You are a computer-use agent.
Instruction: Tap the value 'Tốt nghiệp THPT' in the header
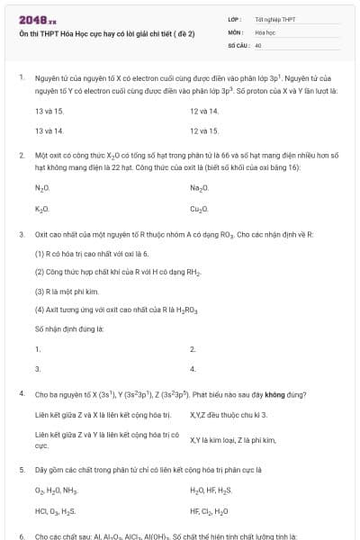pos(275,18)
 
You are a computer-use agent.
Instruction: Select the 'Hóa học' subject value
pos(265,31)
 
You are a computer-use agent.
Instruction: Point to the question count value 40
pos(258,43)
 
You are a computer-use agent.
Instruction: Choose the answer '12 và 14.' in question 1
pos(204,110)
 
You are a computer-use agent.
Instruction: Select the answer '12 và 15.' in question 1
pos(204,130)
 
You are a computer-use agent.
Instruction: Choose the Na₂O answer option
pos(199,187)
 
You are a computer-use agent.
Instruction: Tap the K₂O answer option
pos(41,208)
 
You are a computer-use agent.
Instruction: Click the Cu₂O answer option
pos(199,208)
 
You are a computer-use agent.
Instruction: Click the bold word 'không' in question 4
pos(253,394)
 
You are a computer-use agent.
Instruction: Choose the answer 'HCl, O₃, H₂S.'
pos(56,510)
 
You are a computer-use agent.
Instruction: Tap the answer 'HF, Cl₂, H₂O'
pos(209,510)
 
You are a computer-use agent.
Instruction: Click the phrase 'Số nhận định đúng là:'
pos(69,328)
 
